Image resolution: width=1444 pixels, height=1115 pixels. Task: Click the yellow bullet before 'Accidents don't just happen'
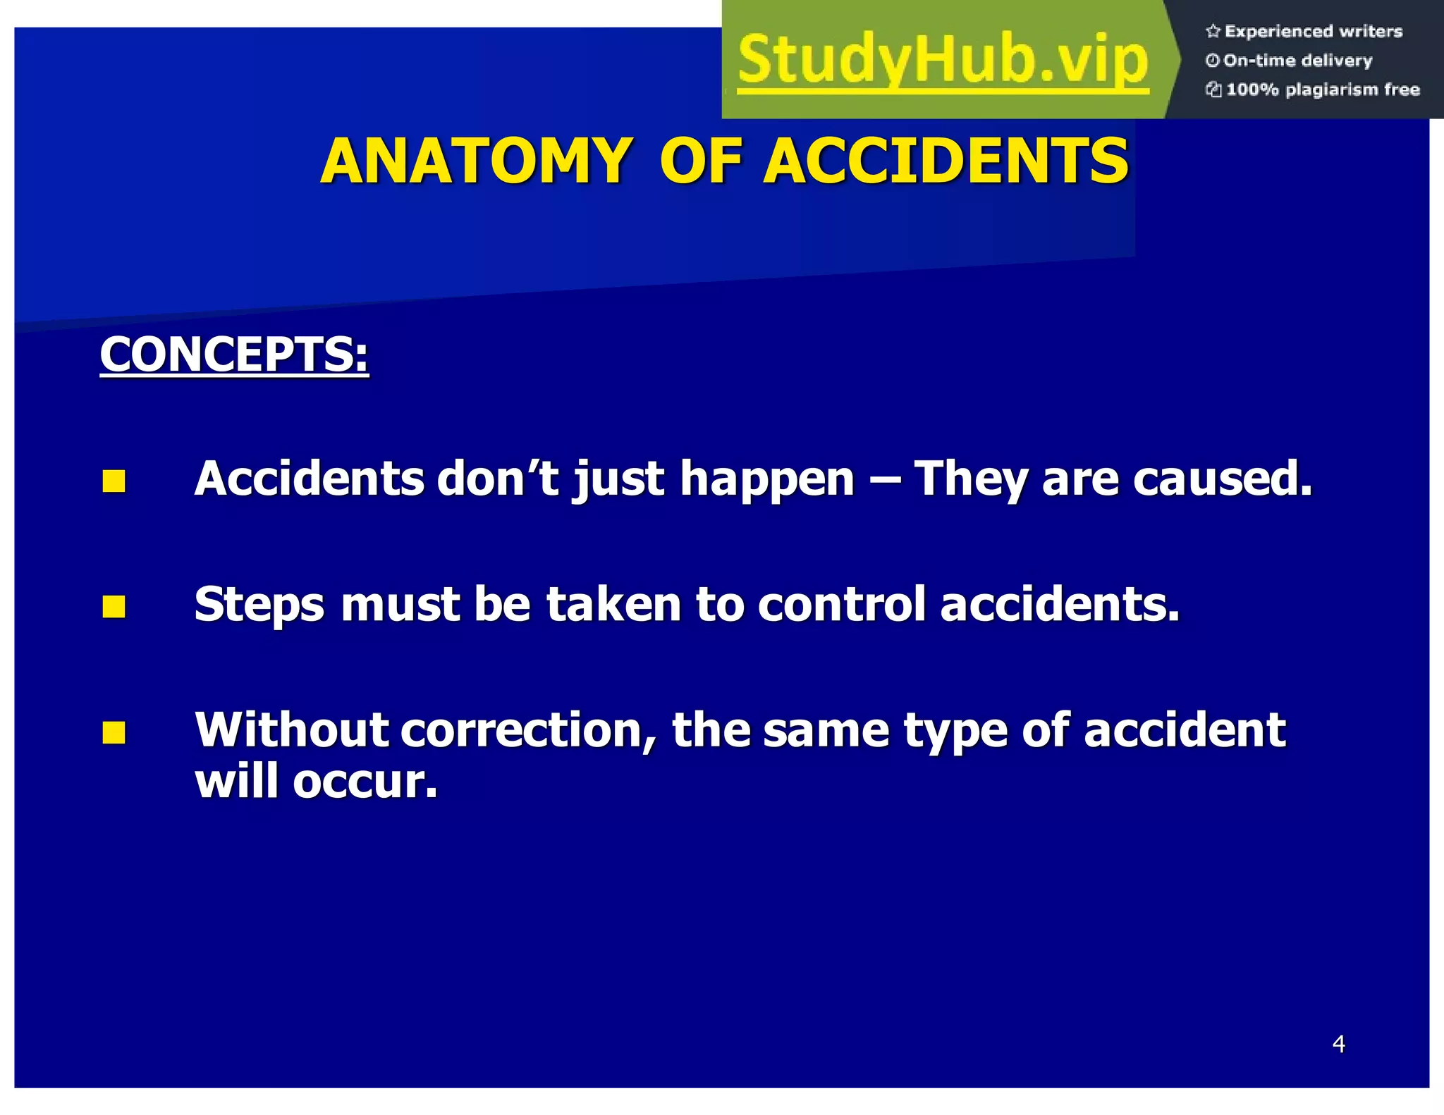click(x=114, y=481)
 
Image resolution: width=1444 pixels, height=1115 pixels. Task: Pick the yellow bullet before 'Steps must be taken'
click(x=114, y=606)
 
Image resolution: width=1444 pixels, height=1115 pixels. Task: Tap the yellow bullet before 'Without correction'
click(x=114, y=732)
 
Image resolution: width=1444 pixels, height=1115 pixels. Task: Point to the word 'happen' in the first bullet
click(x=767, y=479)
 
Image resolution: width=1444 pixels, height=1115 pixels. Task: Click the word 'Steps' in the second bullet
click(x=259, y=605)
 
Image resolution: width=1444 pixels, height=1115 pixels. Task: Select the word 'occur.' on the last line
click(x=365, y=782)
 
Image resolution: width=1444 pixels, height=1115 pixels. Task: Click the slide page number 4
click(x=1338, y=1044)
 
